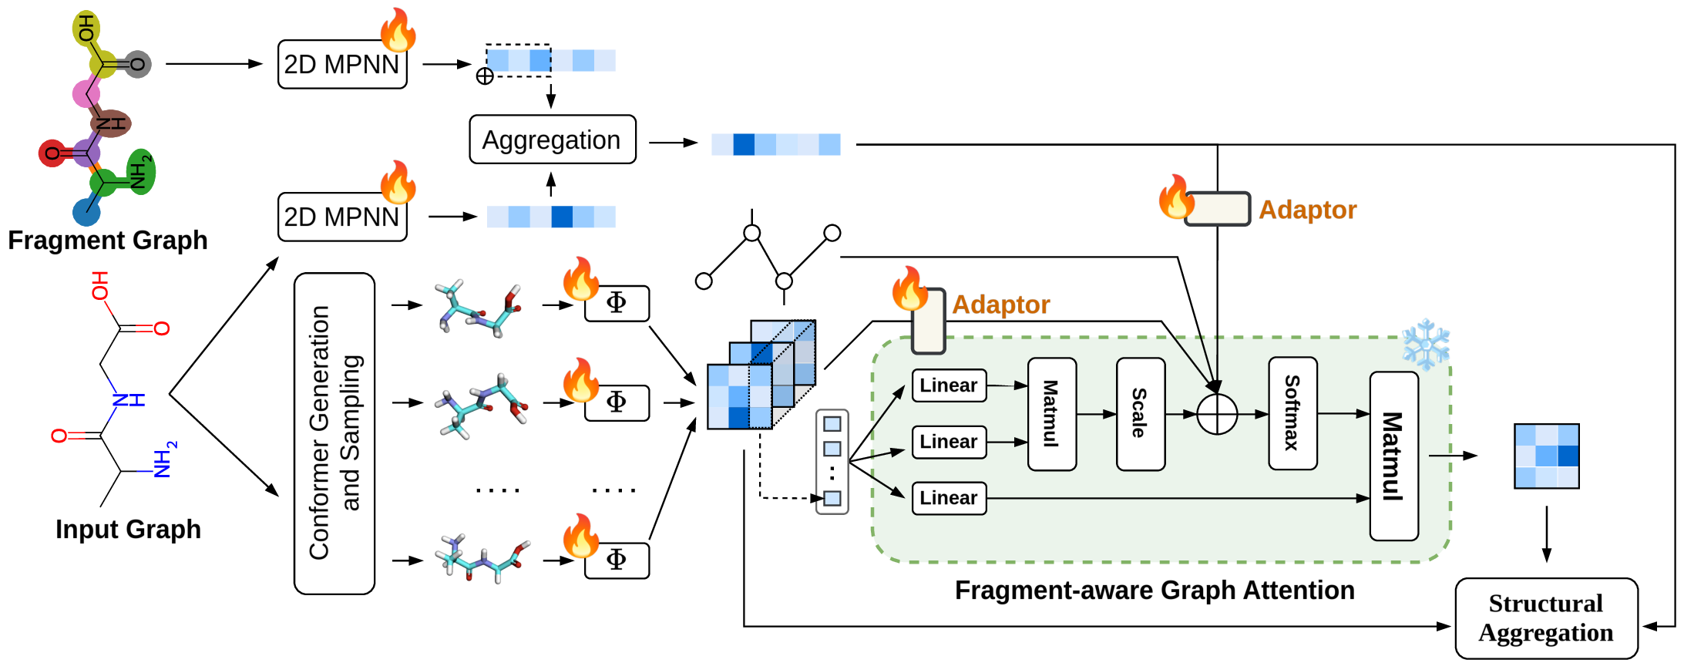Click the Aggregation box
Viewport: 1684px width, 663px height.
(x=553, y=140)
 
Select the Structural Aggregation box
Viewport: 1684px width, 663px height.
(x=1546, y=618)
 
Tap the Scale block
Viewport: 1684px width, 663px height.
(x=1140, y=414)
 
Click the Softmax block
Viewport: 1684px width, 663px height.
(x=1292, y=413)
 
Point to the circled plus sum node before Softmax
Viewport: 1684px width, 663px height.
(x=1217, y=414)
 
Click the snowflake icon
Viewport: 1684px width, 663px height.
(x=1426, y=344)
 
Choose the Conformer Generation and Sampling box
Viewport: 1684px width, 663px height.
(x=334, y=433)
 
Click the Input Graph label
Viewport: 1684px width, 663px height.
(x=128, y=530)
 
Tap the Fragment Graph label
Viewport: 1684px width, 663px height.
(x=108, y=241)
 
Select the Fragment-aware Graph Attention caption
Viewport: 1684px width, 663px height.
(x=1155, y=591)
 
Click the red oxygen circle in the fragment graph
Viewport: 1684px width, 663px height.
(x=52, y=153)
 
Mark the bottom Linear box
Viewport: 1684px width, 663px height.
(x=949, y=498)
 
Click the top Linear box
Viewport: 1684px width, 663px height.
(x=949, y=385)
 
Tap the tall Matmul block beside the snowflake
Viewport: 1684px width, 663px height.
(x=1393, y=456)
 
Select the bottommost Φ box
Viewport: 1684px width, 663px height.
(x=617, y=560)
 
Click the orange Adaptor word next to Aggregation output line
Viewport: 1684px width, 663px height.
(x=1307, y=210)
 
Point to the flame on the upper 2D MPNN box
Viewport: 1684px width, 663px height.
(x=398, y=30)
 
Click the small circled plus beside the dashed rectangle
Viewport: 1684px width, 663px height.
(x=485, y=76)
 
